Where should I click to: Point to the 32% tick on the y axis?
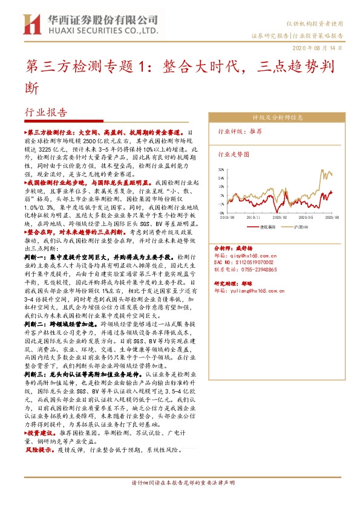pos(221,170)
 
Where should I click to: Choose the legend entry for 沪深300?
pos(301,227)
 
